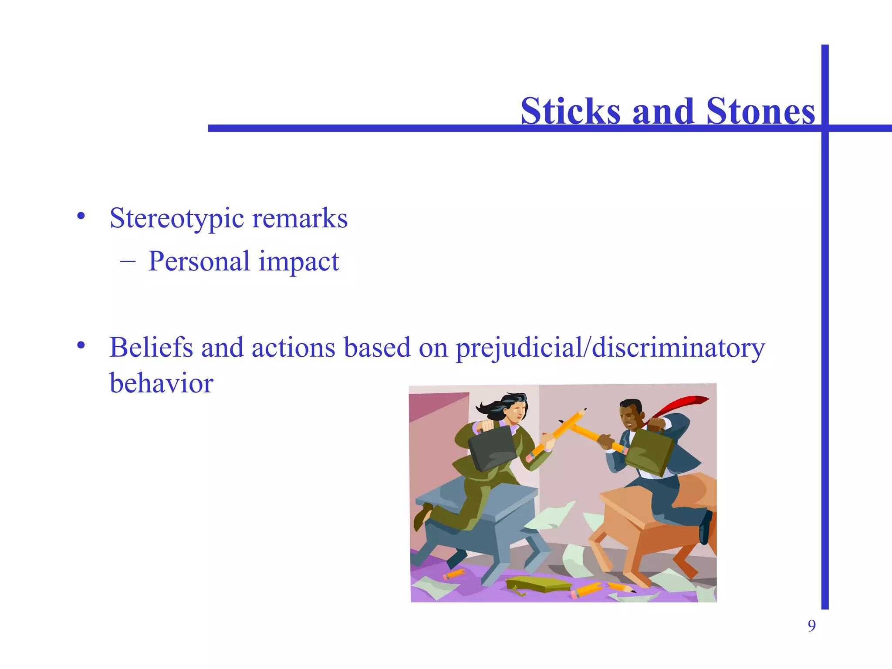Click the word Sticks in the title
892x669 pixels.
pos(570,111)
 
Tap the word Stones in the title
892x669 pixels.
pos(760,111)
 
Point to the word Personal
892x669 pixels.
pos(199,261)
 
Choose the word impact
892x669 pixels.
pos(299,261)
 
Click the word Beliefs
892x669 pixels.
pos(151,348)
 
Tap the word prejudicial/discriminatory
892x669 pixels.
pos(610,348)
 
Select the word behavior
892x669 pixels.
pos(161,383)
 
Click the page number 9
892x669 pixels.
pos(811,626)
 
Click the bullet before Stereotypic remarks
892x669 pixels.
pos(81,216)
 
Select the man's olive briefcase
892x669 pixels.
pos(650,453)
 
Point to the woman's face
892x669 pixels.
pos(517,411)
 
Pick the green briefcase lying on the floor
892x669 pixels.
pos(538,584)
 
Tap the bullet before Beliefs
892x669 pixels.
pos(81,345)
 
